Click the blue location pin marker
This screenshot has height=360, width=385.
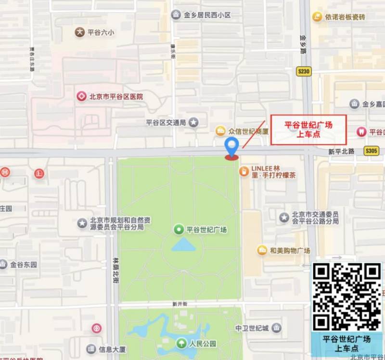(232, 146)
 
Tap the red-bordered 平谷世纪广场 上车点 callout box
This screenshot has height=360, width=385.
(308, 130)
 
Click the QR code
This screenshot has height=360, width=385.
(346, 296)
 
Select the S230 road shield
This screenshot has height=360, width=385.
(304, 72)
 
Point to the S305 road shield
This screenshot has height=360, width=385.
(372, 151)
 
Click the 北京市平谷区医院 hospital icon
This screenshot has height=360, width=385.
(82, 96)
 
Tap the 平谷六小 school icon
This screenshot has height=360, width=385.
(79, 32)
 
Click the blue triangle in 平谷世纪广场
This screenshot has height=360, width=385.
(183, 245)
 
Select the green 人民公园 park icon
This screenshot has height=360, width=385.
(181, 344)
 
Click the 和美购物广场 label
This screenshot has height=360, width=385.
(290, 250)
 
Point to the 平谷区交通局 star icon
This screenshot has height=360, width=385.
(193, 122)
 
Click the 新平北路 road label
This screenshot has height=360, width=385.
(341, 151)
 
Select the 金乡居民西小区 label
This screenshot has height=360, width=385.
(207, 15)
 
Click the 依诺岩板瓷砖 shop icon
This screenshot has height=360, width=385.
(316, 17)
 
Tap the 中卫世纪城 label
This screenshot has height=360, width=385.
(252, 328)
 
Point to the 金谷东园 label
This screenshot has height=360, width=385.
(24, 264)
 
